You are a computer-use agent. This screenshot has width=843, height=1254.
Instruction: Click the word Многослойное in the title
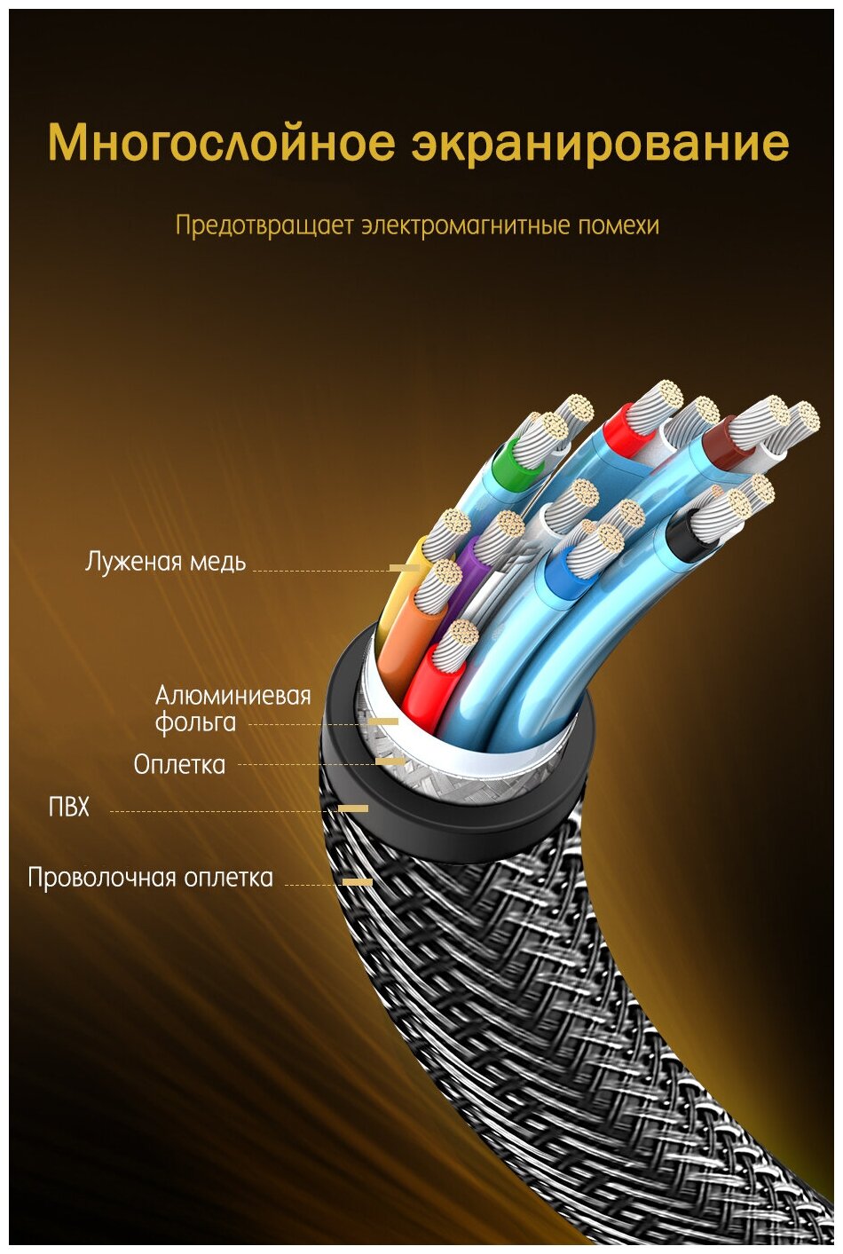pyautogui.click(x=221, y=144)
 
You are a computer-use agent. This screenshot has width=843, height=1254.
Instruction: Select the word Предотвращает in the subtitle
pyautogui.click(x=264, y=225)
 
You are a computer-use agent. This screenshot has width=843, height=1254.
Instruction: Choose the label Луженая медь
pyautogui.click(x=165, y=562)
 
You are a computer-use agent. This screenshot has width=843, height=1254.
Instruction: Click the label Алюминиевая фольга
pyautogui.click(x=232, y=708)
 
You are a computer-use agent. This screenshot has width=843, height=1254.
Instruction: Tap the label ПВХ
pyautogui.click(x=68, y=808)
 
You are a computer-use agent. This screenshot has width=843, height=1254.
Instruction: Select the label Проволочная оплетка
pyautogui.click(x=150, y=878)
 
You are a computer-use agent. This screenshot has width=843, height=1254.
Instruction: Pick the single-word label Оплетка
pyautogui.click(x=179, y=764)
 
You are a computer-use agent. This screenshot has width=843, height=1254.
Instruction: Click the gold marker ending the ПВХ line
pyautogui.click(x=353, y=808)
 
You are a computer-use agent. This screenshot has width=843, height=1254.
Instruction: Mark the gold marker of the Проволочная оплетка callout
pyautogui.click(x=358, y=881)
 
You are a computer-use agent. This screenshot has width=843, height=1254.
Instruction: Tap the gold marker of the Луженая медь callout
pyautogui.click(x=404, y=567)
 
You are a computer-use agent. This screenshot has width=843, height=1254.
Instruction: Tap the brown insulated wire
pyautogui.click(x=718, y=441)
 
